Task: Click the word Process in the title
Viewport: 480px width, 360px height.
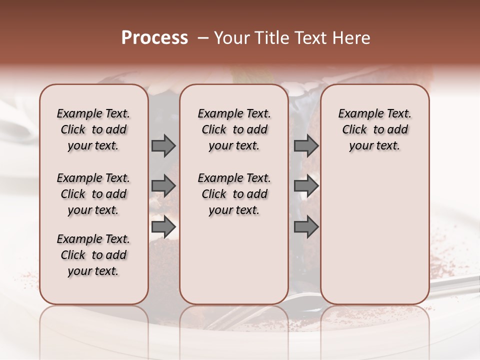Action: pos(154,38)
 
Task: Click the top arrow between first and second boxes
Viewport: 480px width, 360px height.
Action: pos(163,146)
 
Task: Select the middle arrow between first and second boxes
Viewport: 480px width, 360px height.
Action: pos(163,186)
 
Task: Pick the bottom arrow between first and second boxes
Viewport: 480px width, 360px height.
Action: pos(163,227)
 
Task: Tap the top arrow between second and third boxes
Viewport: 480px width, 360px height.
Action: pos(306,146)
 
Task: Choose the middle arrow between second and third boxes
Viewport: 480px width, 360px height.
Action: pos(306,186)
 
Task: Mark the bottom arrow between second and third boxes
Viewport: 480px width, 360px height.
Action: pos(306,227)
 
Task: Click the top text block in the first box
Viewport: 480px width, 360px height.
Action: pos(93,129)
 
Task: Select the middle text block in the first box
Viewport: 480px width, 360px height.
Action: pos(93,194)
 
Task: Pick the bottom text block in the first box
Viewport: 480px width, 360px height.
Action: pos(93,255)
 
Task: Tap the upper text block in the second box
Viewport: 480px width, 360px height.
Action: pos(234,129)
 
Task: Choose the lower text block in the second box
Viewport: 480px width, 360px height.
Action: pos(234,194)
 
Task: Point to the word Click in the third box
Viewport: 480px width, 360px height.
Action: pos(354,130)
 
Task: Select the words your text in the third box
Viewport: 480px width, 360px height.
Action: pos(374,146)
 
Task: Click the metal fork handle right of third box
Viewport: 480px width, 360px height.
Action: pos(455,285)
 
